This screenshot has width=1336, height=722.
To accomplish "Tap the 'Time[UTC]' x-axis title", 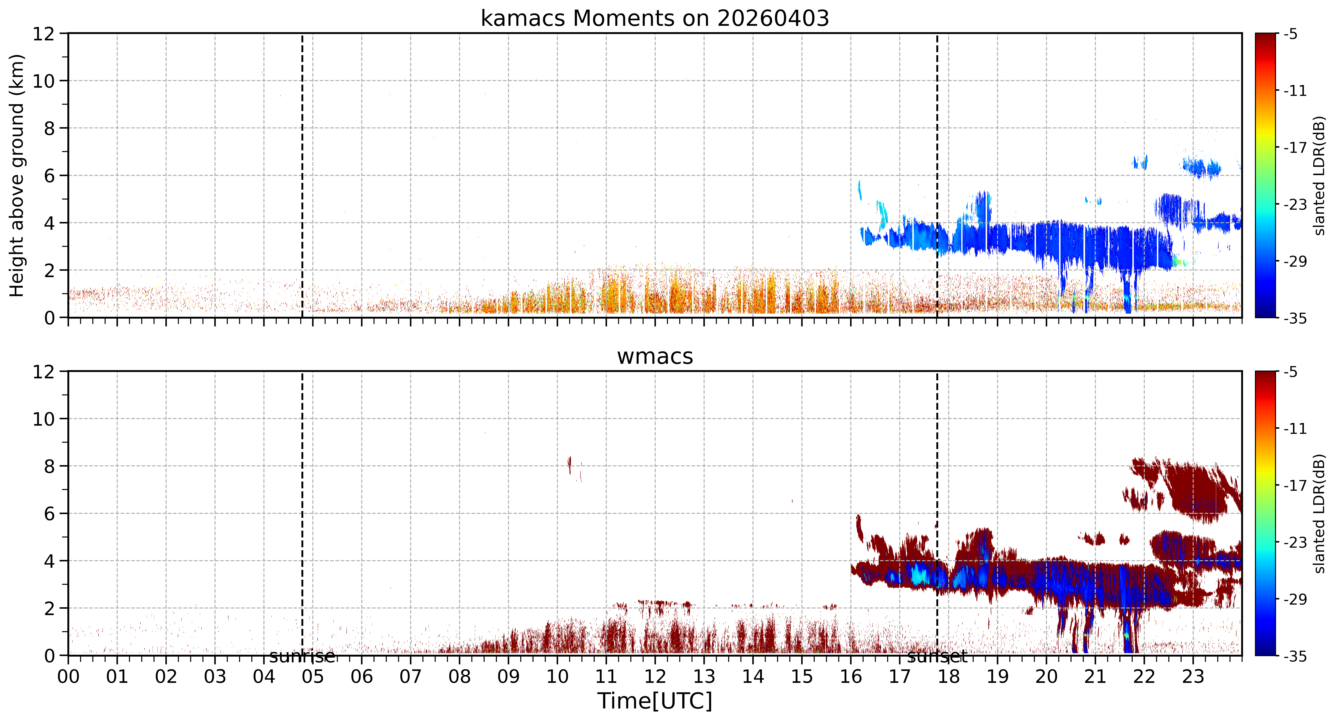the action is (654, 701).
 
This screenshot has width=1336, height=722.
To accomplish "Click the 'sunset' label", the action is (937, 657).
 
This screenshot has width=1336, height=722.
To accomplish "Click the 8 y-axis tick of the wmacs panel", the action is (49, 466).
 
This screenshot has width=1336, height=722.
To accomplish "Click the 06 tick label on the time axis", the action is (362, 677).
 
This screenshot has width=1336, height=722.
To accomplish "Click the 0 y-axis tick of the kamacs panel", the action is (49, 318).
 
